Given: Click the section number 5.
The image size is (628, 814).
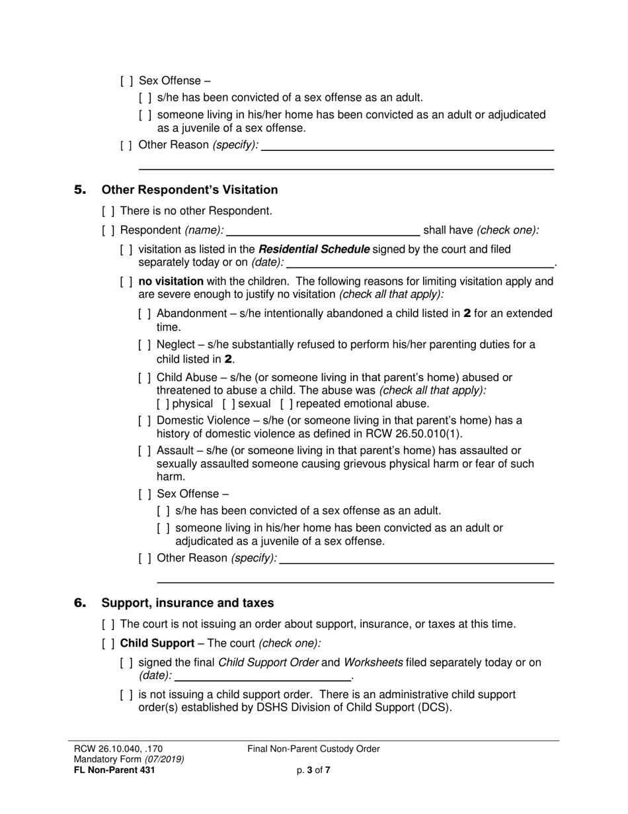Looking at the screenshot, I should (80, 190).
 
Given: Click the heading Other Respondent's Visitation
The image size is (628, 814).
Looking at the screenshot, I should (189, 190).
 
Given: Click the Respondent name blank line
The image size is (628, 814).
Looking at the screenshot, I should (323, 231).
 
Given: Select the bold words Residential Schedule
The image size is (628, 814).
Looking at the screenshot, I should (314, 249).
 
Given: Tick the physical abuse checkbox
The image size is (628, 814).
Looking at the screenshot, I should (163, 404).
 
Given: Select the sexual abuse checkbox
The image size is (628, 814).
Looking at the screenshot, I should (228, 404).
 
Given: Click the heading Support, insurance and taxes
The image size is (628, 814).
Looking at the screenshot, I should (187, 603).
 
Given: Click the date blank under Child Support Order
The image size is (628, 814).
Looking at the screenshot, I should (263, 676).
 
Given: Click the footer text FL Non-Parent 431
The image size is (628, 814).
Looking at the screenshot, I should (114, 770).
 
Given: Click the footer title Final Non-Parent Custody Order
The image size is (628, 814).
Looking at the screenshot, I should (313, 749).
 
